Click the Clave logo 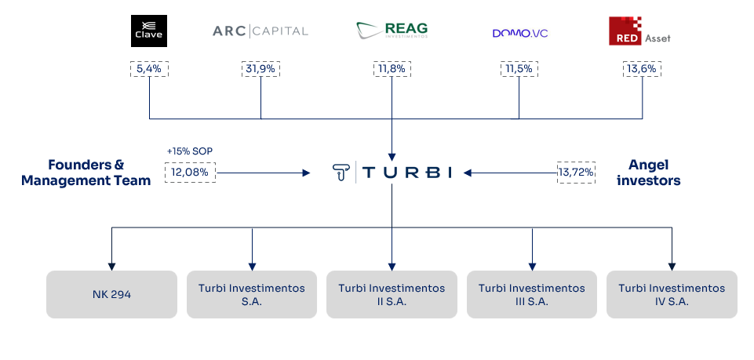[149, 31]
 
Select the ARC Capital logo [260, 31]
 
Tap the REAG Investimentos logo [392, 31]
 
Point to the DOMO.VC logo [520, 33]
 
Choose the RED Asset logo [639, 31]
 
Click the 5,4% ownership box [149, 69]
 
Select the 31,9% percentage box [260, 69]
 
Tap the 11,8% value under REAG [392, 69]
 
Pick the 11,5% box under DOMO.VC [519, 69]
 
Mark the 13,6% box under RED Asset [642, 69]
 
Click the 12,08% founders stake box [190, 172]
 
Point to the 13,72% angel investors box [576, 172]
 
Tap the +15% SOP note [190, 151]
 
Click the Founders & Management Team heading [86, 173]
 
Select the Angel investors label [649, 173]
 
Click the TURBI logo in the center [392, 172]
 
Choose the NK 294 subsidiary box [111, 294]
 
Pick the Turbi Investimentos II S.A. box [392, 294]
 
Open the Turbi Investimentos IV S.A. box [672, 294]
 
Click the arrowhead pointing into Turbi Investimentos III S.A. [532, 267]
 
